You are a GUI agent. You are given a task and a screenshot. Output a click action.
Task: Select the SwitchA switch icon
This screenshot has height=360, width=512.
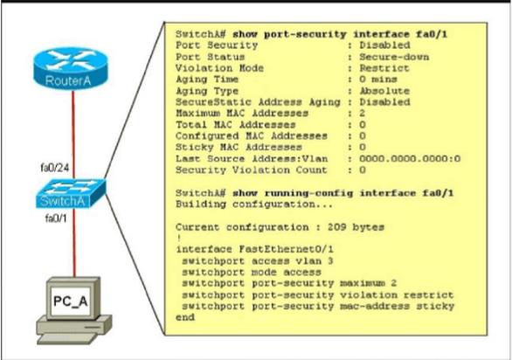pyautogui.click(x=70, y=193)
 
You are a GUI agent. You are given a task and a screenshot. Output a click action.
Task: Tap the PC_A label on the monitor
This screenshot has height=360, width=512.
pyautogui.click(x=70, y=301)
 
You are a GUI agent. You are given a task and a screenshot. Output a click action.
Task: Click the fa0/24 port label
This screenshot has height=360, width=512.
pyautogui.click(x=54, y=168)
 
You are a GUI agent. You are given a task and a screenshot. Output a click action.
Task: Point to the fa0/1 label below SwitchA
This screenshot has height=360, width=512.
pyautogui.click(x=56, y=218)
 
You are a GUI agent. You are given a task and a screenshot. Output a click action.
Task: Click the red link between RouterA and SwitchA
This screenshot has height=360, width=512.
pyautogui.click(x=73, y=135)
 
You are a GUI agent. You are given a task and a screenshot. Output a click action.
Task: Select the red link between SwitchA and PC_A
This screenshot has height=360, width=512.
pyautogui.click(x=73, y=243)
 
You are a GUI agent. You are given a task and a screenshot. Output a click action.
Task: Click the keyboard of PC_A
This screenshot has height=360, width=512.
pyautogui.click(x=67, y=338)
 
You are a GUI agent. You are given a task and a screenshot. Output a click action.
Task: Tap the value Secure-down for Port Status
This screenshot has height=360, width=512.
pyautogui.click(x=394, y=57)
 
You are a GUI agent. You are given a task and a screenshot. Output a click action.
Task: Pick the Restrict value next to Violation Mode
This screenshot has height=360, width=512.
pyautogui.click(x=384, y=68)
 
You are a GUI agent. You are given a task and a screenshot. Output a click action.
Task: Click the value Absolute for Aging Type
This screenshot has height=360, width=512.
pyautogui.click(x=384, y=91)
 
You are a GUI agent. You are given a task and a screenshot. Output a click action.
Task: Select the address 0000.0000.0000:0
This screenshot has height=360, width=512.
pyautogui.click(x=410, y=159)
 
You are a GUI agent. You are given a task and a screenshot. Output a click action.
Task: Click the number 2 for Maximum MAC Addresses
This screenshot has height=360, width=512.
pyautogui.click(x=362, y=114)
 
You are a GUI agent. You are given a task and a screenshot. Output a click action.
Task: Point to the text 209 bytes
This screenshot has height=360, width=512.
pyautogui.click(x=356, y=227)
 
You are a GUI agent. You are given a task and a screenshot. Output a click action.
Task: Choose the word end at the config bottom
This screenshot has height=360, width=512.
pyautogui.click(x=185, y=317)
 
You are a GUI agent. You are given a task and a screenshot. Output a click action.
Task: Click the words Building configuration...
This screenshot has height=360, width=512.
pyautogui.click(x=254, y=204)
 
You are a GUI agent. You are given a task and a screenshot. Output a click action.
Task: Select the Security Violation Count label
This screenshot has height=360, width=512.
pyautogui.click(x=251, y=170)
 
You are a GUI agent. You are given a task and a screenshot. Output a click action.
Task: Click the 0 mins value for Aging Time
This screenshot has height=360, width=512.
pyautogui.click(x=378, y=80)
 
